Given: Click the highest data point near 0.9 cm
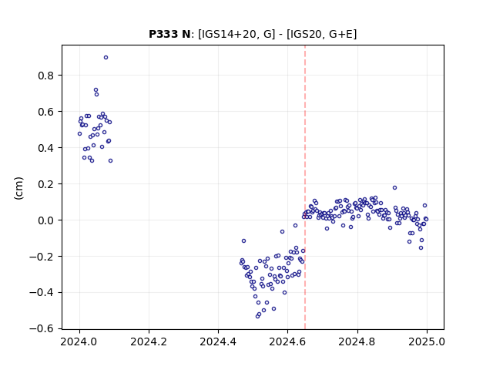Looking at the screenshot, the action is pyautogui.click(x=106, y=58).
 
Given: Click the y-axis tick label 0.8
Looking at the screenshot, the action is pyautogui.click(x=45, y=76).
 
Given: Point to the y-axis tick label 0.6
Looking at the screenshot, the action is pyautogui.click(x=45, y=112).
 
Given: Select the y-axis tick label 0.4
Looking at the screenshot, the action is pyautogui.click(x=45, y=148).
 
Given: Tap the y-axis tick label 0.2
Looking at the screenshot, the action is pyautogui.click(x=45, y=184).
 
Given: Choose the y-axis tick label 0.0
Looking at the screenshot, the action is pyautogui.click(x=45, y=220).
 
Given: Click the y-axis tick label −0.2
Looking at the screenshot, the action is pyautogui.click(x=42, y=257).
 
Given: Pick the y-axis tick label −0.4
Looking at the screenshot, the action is pyautogui.click(x=42, y=293).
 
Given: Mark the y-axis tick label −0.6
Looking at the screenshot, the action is pyautogui.click(x=42, y=329).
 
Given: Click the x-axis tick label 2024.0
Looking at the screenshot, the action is pyautogui.click(x=79, y=341).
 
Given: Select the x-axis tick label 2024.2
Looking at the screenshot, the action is pyautogui.click(x=149, y=341).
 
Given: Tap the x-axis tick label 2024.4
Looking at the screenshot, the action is pyautogui.click(x=218, y=341).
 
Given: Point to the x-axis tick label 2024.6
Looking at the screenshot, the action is pyautogui.click(x=287, y=341).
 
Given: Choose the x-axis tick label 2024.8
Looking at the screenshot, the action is pyautogui.click(x=357, y=341).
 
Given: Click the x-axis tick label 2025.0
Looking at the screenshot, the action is pyautogui.click(x=427, y=341).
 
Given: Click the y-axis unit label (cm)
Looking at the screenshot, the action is pyautogui.click(x=18, y=188).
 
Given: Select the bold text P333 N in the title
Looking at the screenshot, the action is pyautogui.click(x=169, y=34).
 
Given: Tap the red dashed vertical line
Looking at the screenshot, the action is pyautogui.click(x=305, y=187).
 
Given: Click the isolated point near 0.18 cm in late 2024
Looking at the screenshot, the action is pyautogui.click(x=395, y=188).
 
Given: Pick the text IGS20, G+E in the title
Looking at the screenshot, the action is pyautogui.click(x=322, y=34).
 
